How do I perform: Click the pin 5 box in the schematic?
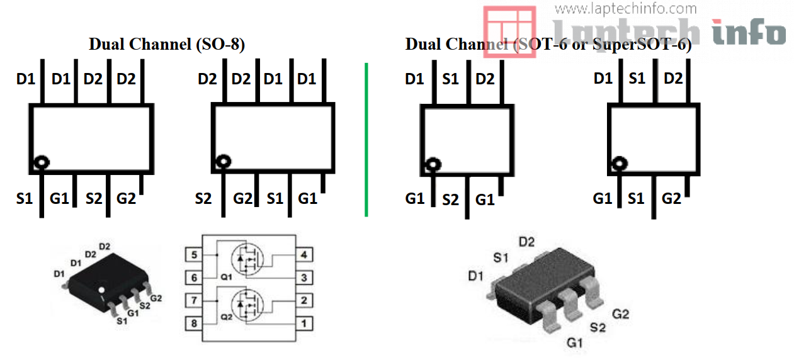[x=193, y=255]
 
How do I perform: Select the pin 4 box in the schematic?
[x=304, y=255]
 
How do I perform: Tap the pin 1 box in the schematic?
[x=304, y=323]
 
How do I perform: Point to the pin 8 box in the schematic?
[x=193, y=323]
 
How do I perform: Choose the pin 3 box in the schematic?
[x=304, y=278]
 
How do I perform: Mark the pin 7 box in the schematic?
[x=193, y=300]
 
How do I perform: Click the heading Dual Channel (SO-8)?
[x=167, y=44]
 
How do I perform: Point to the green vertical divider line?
[x=366, y=138]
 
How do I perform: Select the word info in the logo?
[x=749, y=31]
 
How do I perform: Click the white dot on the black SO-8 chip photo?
[x=101, y=289]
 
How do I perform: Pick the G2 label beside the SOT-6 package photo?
[x=620, y=313]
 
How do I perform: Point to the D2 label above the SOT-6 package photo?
[x=526, y=242]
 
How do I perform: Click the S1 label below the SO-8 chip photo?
[x=122, y=320]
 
